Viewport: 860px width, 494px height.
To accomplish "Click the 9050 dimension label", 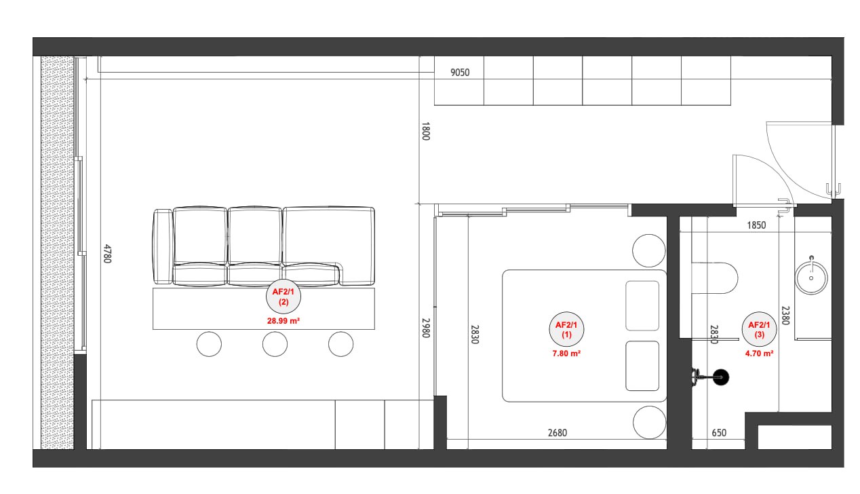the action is pos(460,72).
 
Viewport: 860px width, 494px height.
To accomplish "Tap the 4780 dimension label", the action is pos(107,254).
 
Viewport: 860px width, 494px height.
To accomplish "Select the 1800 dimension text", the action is pos(425,131).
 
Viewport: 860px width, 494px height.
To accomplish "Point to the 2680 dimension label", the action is pos(557,433).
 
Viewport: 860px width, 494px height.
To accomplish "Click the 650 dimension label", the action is pos(719,433).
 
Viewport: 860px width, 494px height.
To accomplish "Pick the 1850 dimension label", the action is pos(756,225).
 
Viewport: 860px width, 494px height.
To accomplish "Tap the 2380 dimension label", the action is pos(785,316).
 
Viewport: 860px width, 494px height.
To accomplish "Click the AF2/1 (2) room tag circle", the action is pos(284,297).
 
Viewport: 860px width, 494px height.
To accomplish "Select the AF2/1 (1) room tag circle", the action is pos(566,329).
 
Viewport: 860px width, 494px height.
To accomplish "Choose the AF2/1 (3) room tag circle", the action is pos(759,329).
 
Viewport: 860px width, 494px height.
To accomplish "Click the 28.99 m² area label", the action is pos(284,321).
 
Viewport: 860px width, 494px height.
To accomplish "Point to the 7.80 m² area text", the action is pos(566,354).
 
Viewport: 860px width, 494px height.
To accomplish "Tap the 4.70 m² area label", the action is pos(759,354).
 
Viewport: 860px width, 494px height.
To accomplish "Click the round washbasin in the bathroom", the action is pos(811,278).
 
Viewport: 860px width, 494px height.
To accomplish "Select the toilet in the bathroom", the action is pos(714,278).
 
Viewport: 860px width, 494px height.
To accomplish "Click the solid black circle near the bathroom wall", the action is pos(721,377).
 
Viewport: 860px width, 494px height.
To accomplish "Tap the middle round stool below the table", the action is pos(275,344).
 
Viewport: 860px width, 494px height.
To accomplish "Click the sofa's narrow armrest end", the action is pos(163,246).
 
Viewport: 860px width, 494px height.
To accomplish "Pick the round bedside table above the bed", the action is pos(649,250).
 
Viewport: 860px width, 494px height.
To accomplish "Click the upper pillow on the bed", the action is pos(642,306).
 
